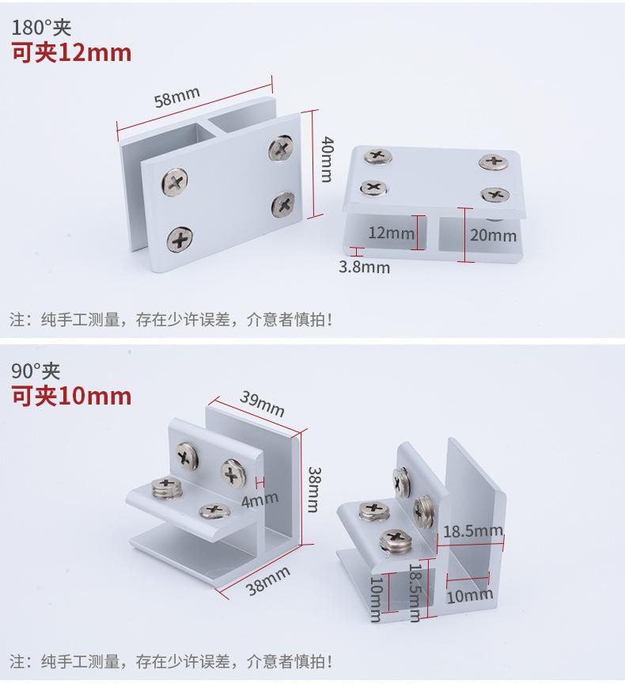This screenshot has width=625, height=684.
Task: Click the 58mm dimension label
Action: (177, 97)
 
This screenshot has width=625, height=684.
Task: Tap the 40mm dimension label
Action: (326, 160)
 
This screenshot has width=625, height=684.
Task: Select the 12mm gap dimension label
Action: (391, 233)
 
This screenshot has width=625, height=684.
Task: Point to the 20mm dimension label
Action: (492, 234)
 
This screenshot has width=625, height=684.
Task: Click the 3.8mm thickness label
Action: (364, 267)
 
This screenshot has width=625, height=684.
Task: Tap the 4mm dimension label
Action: (260, 499)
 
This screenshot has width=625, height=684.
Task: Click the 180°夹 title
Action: (41, 28)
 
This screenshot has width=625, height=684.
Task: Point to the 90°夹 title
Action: (36, 370)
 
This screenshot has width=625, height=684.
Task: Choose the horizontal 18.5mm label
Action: (472, 530)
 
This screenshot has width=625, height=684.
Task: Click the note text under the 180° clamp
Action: (171, 320)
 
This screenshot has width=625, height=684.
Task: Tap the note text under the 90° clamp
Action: (171, 660)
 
